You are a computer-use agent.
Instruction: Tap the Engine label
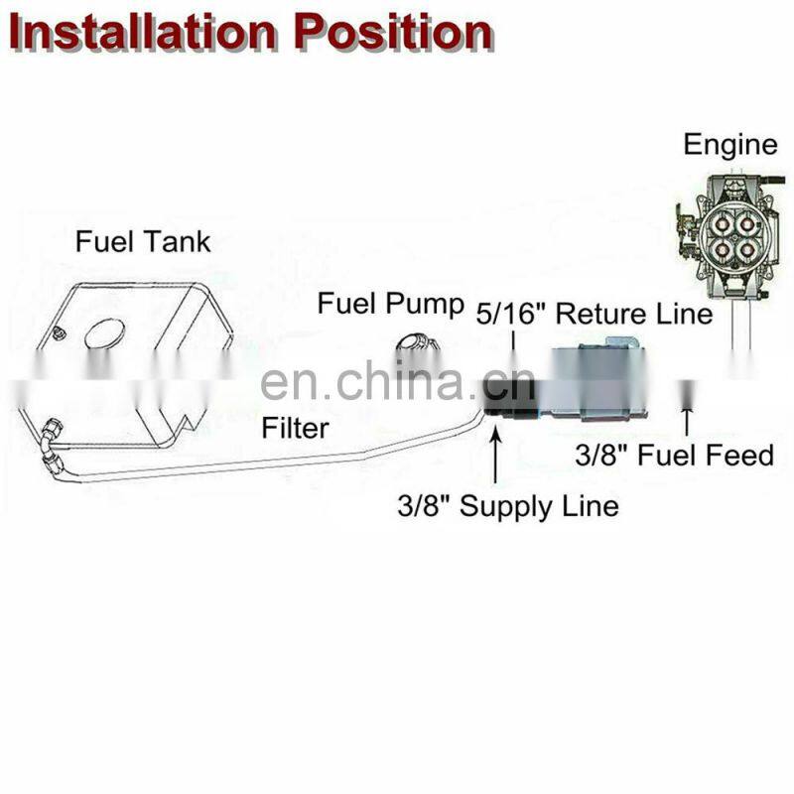coord(729,145)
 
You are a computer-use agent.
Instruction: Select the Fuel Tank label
coord(144,241)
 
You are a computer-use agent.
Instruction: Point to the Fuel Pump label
coord(390,304)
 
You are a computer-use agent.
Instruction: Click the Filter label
coord(296,429)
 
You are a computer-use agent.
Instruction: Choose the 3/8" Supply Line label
coord(507,506)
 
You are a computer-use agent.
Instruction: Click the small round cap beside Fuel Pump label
coord(414,349)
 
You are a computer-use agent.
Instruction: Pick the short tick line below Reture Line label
coord(513,343)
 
